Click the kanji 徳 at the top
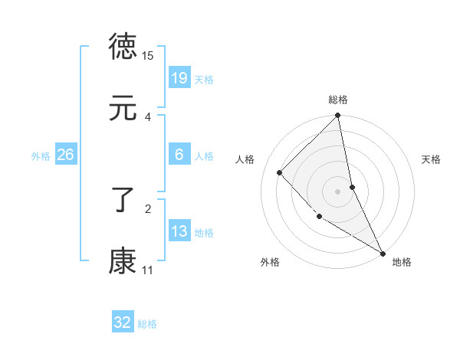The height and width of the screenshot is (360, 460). click(x=123, y=47)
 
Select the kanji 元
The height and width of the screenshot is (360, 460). click(x=123, y=109)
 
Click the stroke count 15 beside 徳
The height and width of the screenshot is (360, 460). click(x=148, y=56)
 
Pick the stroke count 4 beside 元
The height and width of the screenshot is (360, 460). click(x=148, y=116)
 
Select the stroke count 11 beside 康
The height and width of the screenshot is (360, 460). click(x=148, y=270)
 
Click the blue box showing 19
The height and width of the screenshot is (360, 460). click(x=179, y=78)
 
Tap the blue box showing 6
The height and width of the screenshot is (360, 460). click(x=179, y=155)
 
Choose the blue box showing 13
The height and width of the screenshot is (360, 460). click(x=179, y=231)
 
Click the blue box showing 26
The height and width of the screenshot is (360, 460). click(x=65, y=155)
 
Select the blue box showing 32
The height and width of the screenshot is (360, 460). click(x=123, y=322)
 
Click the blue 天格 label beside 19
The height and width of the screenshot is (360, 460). click(x=204, y=79)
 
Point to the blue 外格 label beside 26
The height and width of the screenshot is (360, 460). click(x=41, y=155)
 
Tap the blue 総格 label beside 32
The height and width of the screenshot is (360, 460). click(x=147, y=323)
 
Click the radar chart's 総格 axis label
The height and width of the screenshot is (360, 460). click(x=338, y=100)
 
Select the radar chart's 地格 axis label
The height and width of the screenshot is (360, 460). click(x=402, y=262)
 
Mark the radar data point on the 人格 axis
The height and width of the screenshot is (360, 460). click(x=280, y=172)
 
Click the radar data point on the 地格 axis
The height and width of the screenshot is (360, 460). click(x=383, y=253)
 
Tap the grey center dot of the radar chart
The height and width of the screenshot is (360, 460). click(x=338, y=191)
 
